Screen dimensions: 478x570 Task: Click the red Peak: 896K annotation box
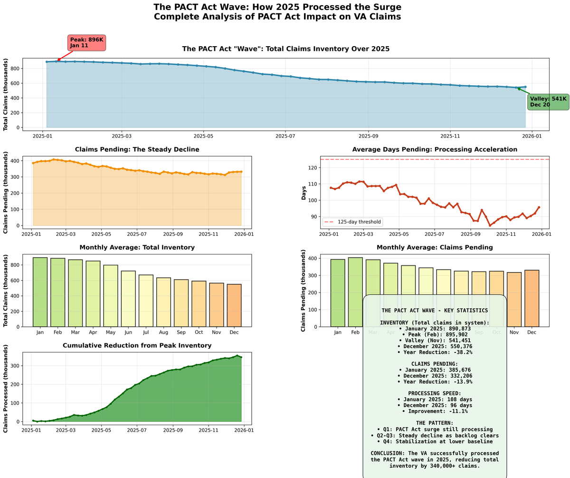(86, 43)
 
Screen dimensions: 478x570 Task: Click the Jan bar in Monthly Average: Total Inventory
(40, 292)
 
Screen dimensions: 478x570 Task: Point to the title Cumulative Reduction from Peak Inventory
(137, 345)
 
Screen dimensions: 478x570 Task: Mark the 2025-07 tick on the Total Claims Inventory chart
(285, 136)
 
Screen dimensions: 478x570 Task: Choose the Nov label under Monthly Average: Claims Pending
(514, 332)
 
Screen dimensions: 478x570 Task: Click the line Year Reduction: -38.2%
(435, 352)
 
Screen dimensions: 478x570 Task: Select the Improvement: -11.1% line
(435, 411)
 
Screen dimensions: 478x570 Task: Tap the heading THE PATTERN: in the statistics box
(435, 423)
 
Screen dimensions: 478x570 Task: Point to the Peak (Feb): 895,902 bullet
(435, 334)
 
